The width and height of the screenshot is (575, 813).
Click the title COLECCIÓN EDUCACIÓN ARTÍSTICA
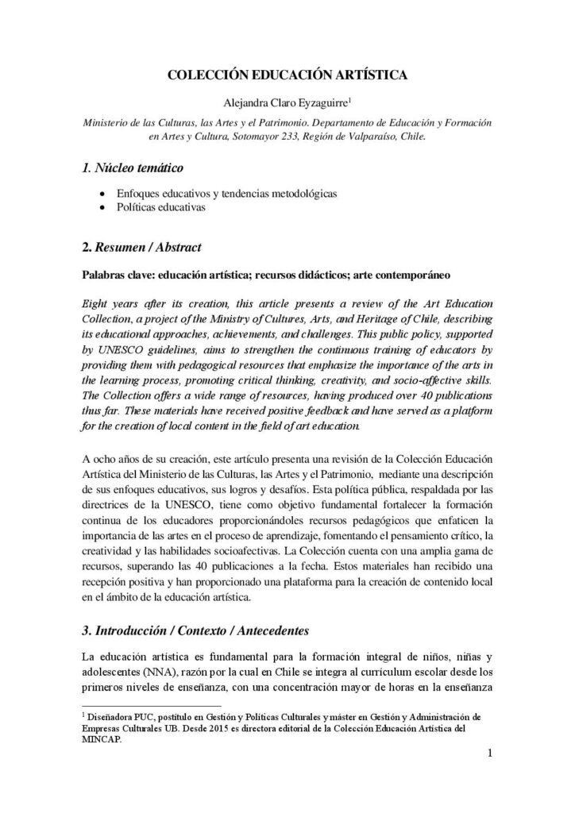287,75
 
